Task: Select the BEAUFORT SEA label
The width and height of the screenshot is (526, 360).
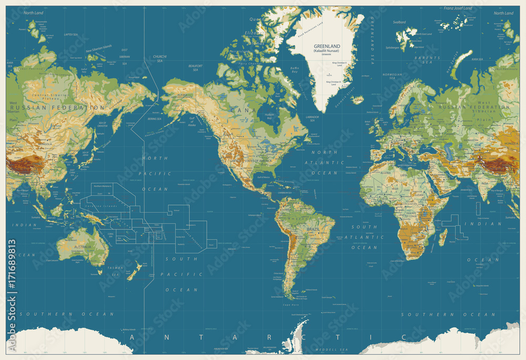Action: pos(195,68)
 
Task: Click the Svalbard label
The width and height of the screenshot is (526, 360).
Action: pos(399,22)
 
